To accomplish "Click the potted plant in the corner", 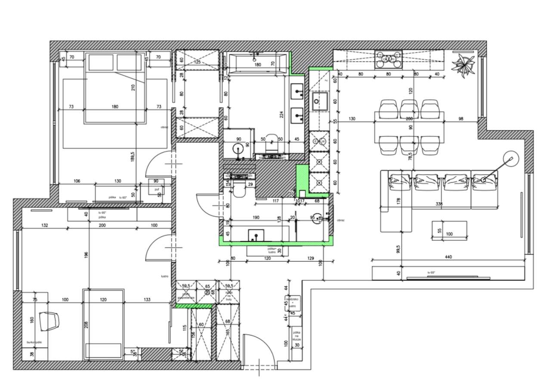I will click(x=463, y=64).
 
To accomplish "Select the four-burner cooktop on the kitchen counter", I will click(x=388, y=59).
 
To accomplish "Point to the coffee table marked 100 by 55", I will click(x=449, y=231).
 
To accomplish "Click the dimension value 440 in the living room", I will click(x=449, y=257).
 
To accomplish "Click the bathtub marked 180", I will click(x=257, y=63).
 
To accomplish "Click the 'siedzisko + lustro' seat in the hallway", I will click(x=295, y=303).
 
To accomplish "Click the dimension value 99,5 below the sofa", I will click(x=399, y=249).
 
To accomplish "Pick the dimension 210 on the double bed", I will click(x=133, y=88).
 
